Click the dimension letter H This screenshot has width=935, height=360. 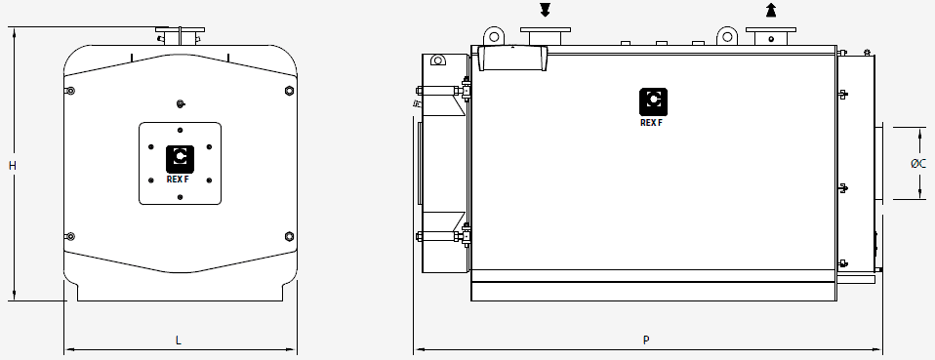click(x=12, y=166)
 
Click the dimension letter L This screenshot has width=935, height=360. click(x=179, y=340)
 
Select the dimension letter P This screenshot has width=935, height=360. click(x=646, y=340)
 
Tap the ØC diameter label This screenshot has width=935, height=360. click(x=918, y=163)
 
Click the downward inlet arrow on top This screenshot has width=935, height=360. click(x=545, y=10)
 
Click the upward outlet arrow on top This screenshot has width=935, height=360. click(x=771, y=10)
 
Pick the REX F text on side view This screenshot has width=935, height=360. click(x=651, y=123)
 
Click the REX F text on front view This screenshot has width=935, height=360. click(x=178, y=180)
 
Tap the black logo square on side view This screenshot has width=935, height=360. click(x=653, y=101)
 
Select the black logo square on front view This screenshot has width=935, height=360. click(x=181, y=159)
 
